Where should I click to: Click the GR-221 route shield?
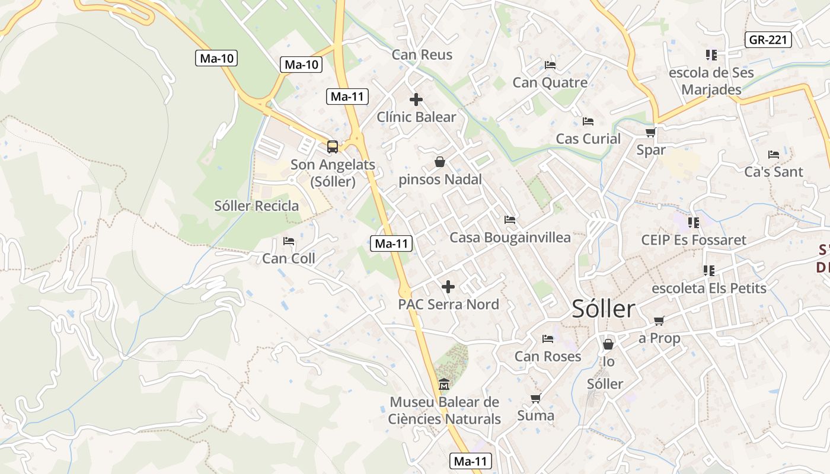coord(768,40)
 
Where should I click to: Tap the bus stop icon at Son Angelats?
coord(333,146)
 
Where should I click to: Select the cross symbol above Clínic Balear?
coord(416,100)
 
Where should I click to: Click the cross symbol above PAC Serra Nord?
coord(448,287)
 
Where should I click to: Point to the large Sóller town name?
coord(604,309)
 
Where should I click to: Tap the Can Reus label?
coord(422,55)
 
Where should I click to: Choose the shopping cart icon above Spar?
coord(650,132)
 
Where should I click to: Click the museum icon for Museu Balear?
coord(444,385)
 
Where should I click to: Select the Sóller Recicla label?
coord(257,206)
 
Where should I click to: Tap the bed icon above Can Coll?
coord(289,241)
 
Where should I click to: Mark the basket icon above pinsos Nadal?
coord(440,161)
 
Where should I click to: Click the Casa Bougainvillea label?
coord(510,238)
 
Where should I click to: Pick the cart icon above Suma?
coord(535,398)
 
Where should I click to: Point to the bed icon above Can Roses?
coord(548,339)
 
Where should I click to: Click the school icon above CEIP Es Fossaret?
coord(693,223)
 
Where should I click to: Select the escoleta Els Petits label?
coord(709,289)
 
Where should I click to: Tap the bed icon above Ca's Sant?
coord(774,155)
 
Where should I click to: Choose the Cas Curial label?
coord(588,139)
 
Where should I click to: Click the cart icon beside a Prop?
coord(659,321)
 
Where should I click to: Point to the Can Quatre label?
coord(550,82)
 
